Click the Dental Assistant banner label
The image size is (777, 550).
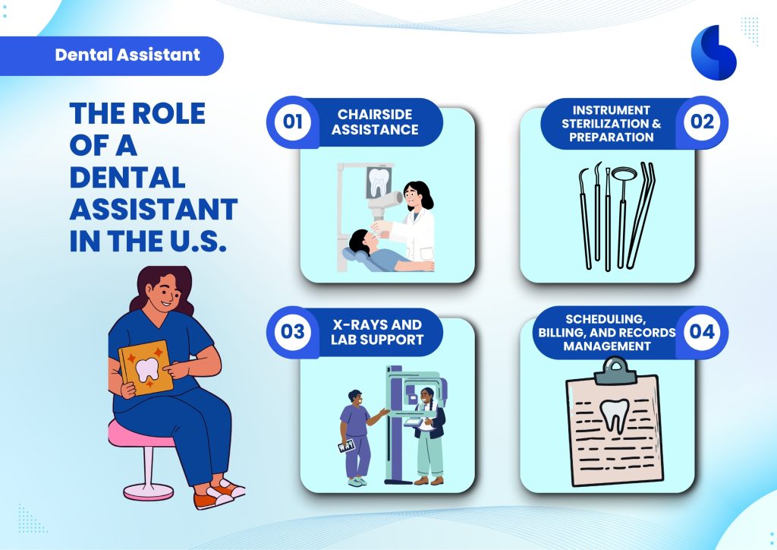point(127,55)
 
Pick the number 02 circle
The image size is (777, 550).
point(703,122)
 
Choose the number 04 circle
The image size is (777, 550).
point(703,332)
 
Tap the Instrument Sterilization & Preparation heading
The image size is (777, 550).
point(612,124)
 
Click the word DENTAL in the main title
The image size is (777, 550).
point(127,178)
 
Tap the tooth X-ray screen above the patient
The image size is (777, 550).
point(379,182)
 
